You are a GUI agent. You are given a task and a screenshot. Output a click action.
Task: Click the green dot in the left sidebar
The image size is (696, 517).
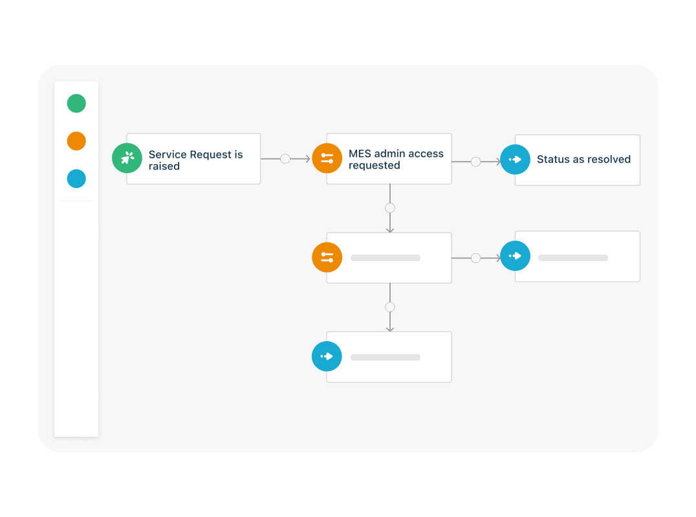pos(76,103)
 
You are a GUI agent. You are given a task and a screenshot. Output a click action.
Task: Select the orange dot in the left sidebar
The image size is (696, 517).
pos(76,141)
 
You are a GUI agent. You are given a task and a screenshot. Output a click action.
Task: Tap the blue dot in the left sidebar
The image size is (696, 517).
pos(76,179)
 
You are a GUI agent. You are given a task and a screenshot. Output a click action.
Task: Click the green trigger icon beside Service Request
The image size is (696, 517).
pos(127,158)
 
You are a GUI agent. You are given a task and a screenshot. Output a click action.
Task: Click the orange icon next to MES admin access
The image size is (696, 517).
pos(327,158)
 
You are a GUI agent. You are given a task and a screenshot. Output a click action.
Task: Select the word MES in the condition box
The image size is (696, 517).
pos(360,154)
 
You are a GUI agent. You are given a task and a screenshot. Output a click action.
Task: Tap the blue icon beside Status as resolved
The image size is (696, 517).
pos(515,159)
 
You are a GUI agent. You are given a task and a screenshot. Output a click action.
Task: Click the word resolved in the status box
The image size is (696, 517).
pos(609,160)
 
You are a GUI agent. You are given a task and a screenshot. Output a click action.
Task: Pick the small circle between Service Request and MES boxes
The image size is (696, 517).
pos(285,158)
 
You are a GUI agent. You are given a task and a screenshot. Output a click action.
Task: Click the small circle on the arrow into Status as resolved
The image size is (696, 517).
pos(475,162)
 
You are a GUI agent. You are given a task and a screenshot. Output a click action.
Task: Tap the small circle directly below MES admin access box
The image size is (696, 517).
pos(389,208)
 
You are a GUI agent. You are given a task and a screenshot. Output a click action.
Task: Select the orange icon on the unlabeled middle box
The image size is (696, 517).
pos(327,257)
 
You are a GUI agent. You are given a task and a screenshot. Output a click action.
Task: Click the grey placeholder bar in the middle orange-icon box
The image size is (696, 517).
pos(386,258)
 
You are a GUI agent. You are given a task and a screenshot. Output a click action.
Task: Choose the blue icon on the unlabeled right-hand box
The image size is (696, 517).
pos(515,256)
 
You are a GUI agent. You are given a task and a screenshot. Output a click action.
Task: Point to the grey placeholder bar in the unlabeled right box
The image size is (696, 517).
pos(573,258)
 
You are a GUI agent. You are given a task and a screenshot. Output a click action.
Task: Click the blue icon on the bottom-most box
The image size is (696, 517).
pos(327,356)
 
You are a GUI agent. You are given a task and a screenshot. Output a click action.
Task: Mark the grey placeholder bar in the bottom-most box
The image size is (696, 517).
pos(386,357)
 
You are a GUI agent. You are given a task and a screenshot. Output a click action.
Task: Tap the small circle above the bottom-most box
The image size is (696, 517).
pos(389,307)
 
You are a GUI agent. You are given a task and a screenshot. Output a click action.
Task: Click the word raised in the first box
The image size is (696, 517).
pos(164,166)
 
